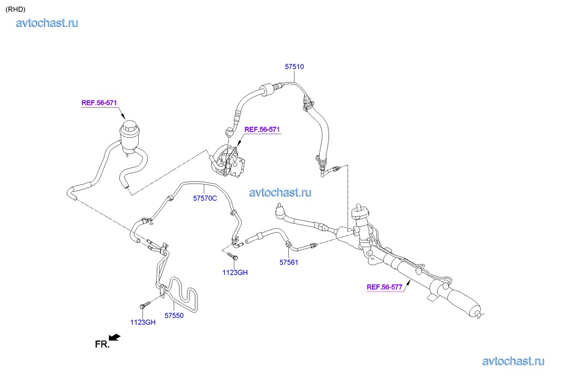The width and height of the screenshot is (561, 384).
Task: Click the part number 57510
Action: (294, 67)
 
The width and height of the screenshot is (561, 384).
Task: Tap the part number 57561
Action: (289, 262)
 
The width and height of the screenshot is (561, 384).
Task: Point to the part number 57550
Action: (174, 315)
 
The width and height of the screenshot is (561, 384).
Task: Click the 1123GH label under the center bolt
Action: (235, 273)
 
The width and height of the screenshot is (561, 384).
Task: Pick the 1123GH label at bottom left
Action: (143, 322)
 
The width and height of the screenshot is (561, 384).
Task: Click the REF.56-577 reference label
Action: (385, 287)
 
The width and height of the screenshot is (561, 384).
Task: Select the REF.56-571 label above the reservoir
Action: (99, 103)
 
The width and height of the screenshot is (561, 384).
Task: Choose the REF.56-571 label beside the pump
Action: (262, 129)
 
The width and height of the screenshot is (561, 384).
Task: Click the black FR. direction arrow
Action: (114, 337)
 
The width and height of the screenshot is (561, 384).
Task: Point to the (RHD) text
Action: (15, 9)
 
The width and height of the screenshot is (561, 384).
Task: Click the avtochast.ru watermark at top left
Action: (47, 23)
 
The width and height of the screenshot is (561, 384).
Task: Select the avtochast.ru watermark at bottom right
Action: (513, 361)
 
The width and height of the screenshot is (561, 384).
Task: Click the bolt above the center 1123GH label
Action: (235, 257)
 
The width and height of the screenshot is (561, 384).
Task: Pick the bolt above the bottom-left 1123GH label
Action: (144, 305)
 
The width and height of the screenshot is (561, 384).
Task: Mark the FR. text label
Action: (102, 344)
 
